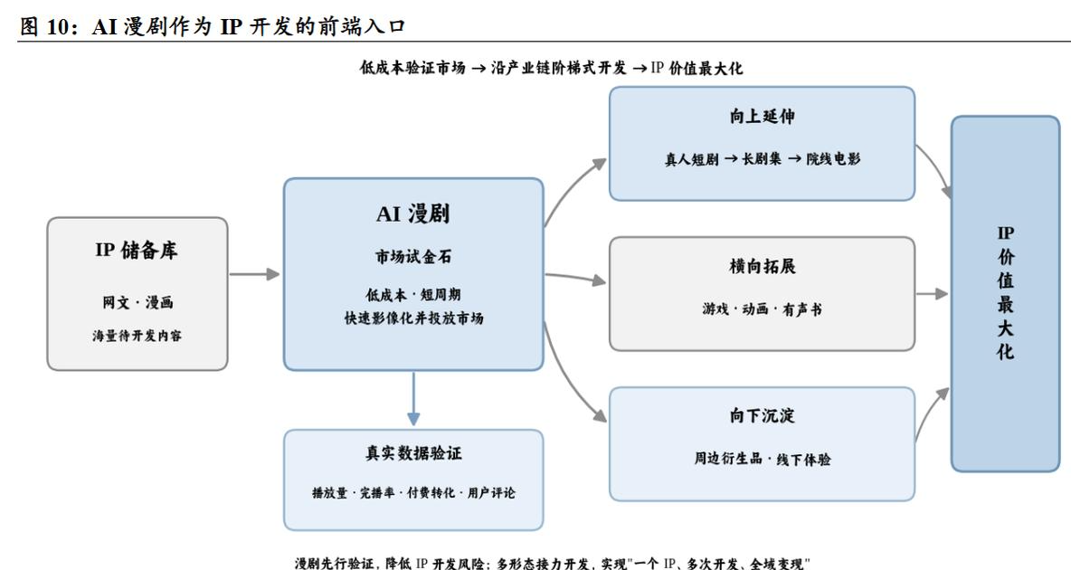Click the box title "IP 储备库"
click(x=137, y=250)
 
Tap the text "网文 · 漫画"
click(x=137, y=302)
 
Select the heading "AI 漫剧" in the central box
click(x=413, y=214)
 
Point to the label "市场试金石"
click(x=413, y=257)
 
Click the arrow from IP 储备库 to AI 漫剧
click(x=254, y=274)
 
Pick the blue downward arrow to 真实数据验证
click(x=413, y=398)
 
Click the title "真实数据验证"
click(x=413, y=453)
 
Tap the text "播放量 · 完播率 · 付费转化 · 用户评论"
click(x=413, y=493)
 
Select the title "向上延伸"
click(x=762, y=116)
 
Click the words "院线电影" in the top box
click(x=833, y=159)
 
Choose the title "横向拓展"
click(x=762, y=266)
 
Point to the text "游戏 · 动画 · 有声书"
click(x=762, y=309)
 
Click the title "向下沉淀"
click(x=762, y=415)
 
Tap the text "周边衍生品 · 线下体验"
click(x=763, y=459)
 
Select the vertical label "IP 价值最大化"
click(x=1006, y=292)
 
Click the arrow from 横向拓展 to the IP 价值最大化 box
click(x=932, y=294)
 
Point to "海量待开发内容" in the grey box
click(x=137, y=336)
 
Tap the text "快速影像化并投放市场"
click(x=413, y=318)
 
